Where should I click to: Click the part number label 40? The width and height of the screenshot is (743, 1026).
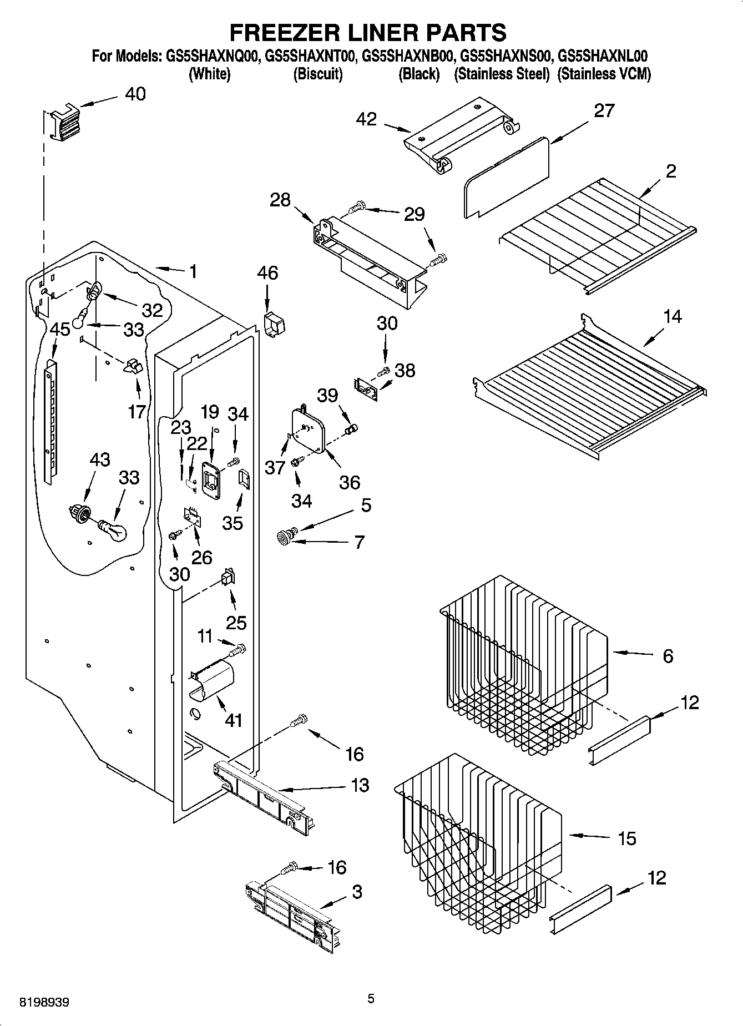pyautogui.click(x=135, y=94)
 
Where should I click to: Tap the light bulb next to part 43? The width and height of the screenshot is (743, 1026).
pyautogui.click(x=114, y=530)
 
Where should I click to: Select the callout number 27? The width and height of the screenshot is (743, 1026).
pyautogui.click(x=604, y=110)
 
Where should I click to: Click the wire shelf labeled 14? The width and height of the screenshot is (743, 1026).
pyautogui.click(x=588, y=388)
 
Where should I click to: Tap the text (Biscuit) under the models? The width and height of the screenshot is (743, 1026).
pyautogui.click(x=317, y=74)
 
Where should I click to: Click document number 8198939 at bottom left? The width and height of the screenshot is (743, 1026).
pyautogui.click(x=44, y=1002)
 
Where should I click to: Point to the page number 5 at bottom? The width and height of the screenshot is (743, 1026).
pyautogui.click(x=371, y=999)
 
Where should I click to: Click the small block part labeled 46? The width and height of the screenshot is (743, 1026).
pyautogui.click(x=272, y=324)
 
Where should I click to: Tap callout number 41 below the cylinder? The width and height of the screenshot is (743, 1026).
pyautogui.click(x=234, y=720)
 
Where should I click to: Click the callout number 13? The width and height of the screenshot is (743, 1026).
pyautogui.click(x=360, y=785)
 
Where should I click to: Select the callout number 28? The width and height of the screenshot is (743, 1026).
pyautogui.click(x=280, y=200)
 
